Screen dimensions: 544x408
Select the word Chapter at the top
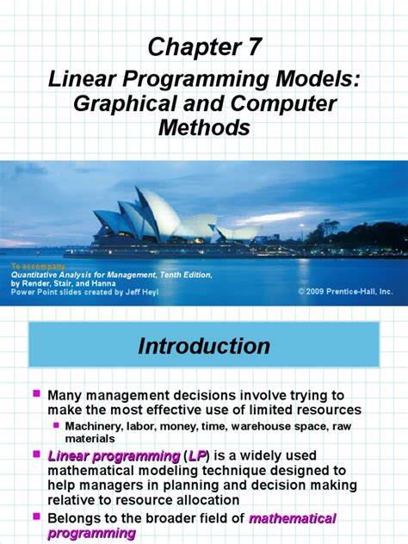[x=192, y=48]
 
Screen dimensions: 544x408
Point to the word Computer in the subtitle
[x=283, y=104]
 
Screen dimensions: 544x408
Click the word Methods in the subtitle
[x=203, y=128]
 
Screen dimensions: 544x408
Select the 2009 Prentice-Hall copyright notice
[x=345, y=292]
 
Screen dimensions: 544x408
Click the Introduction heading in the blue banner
[x=204, y=346]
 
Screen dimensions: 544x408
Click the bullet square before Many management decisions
[x=37, y=393]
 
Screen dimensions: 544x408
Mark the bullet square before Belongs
[x=37, y=517]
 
